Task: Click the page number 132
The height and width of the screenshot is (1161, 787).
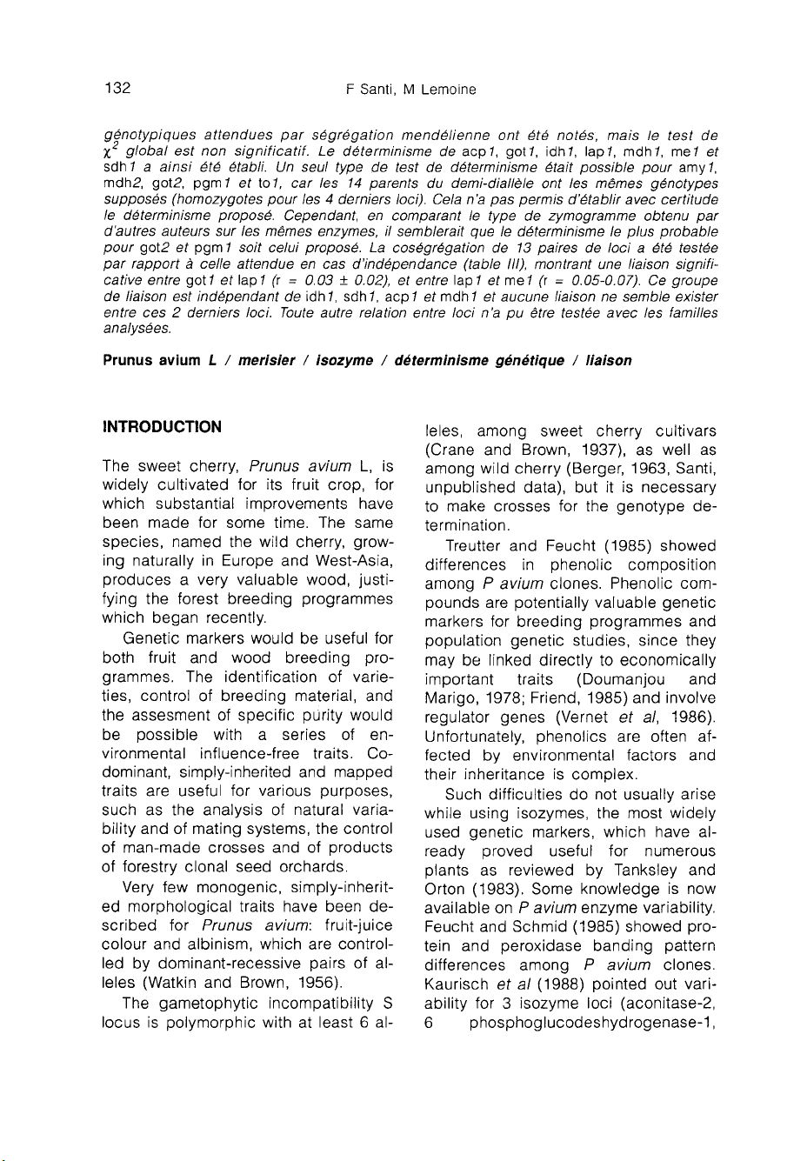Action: click(x=117, y=89)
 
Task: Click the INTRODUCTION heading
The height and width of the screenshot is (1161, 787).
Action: click(x=162, y=427)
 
